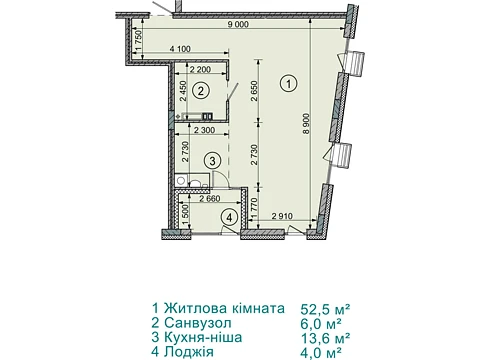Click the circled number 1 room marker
288,83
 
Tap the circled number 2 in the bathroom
201,91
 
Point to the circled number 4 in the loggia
229,218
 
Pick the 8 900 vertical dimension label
306,124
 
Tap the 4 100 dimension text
180,49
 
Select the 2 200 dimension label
200,69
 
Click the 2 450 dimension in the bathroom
184,91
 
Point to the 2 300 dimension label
204,130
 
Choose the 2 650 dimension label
254,91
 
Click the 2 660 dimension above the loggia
210,199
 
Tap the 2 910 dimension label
282,216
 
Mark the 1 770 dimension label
255,208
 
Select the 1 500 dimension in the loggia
185,214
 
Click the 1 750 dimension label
139,40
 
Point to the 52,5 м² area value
325,309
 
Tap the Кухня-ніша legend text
203,337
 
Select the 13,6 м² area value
325,338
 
